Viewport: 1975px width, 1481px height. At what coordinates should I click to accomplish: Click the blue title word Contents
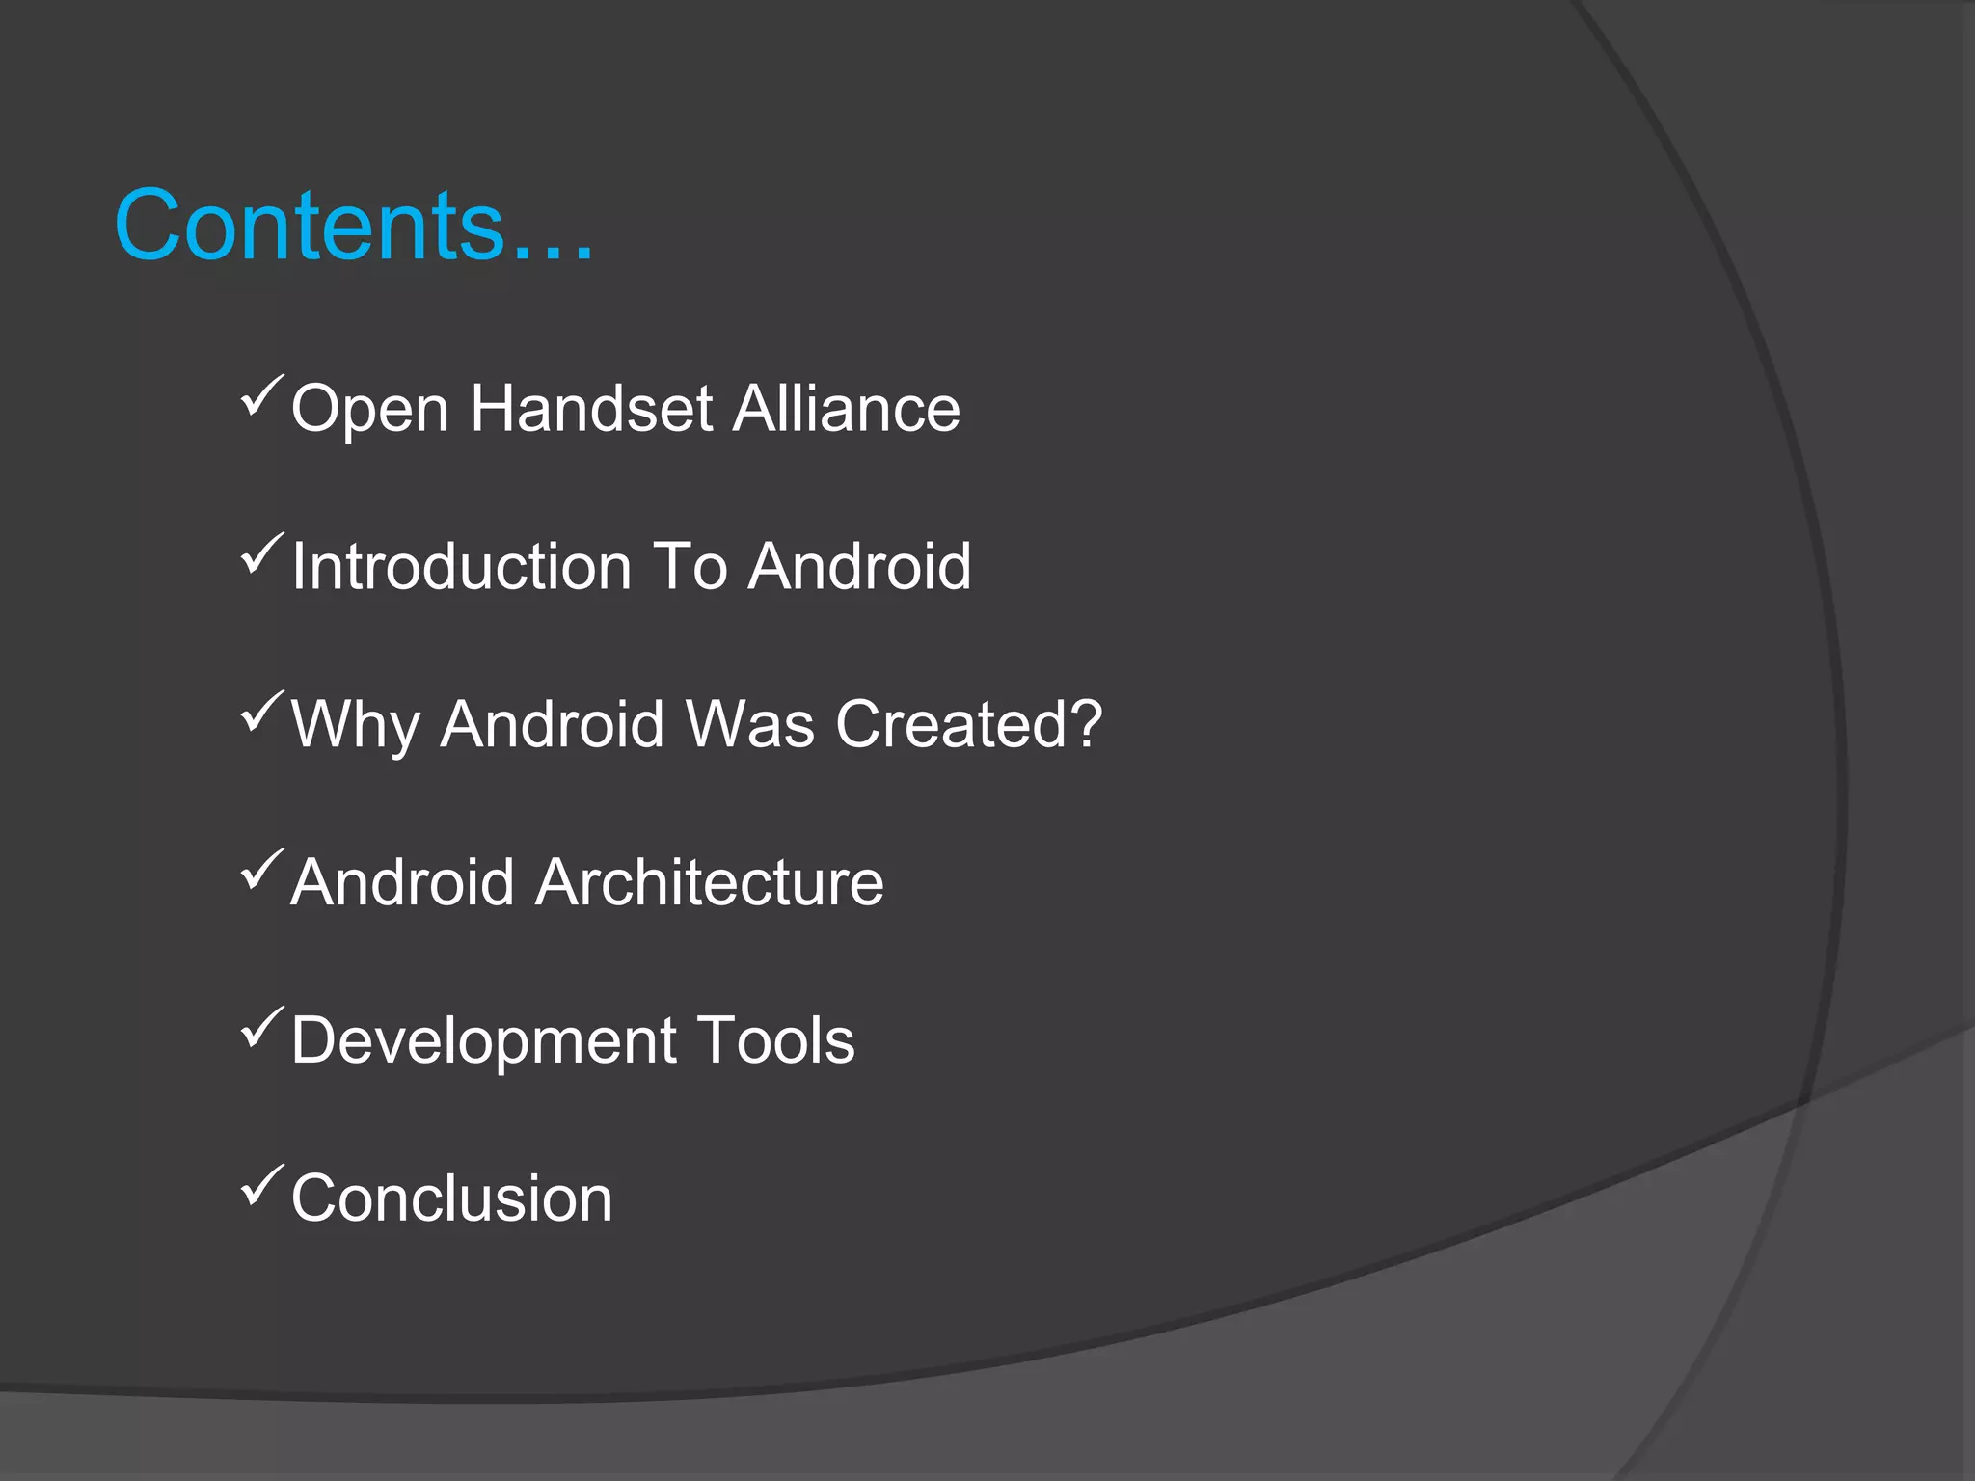coord(309,226)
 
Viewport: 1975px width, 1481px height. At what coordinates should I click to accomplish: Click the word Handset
coord(591,409)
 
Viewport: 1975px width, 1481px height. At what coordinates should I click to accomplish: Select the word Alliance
coord(846,409)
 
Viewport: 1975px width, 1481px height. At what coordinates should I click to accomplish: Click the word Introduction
coord(461,566)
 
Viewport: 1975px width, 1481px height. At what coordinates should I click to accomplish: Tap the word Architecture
coord(709,882)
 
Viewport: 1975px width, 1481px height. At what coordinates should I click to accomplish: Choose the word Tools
coord(775,1040)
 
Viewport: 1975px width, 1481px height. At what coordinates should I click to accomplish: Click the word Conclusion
coord(451,1198)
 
